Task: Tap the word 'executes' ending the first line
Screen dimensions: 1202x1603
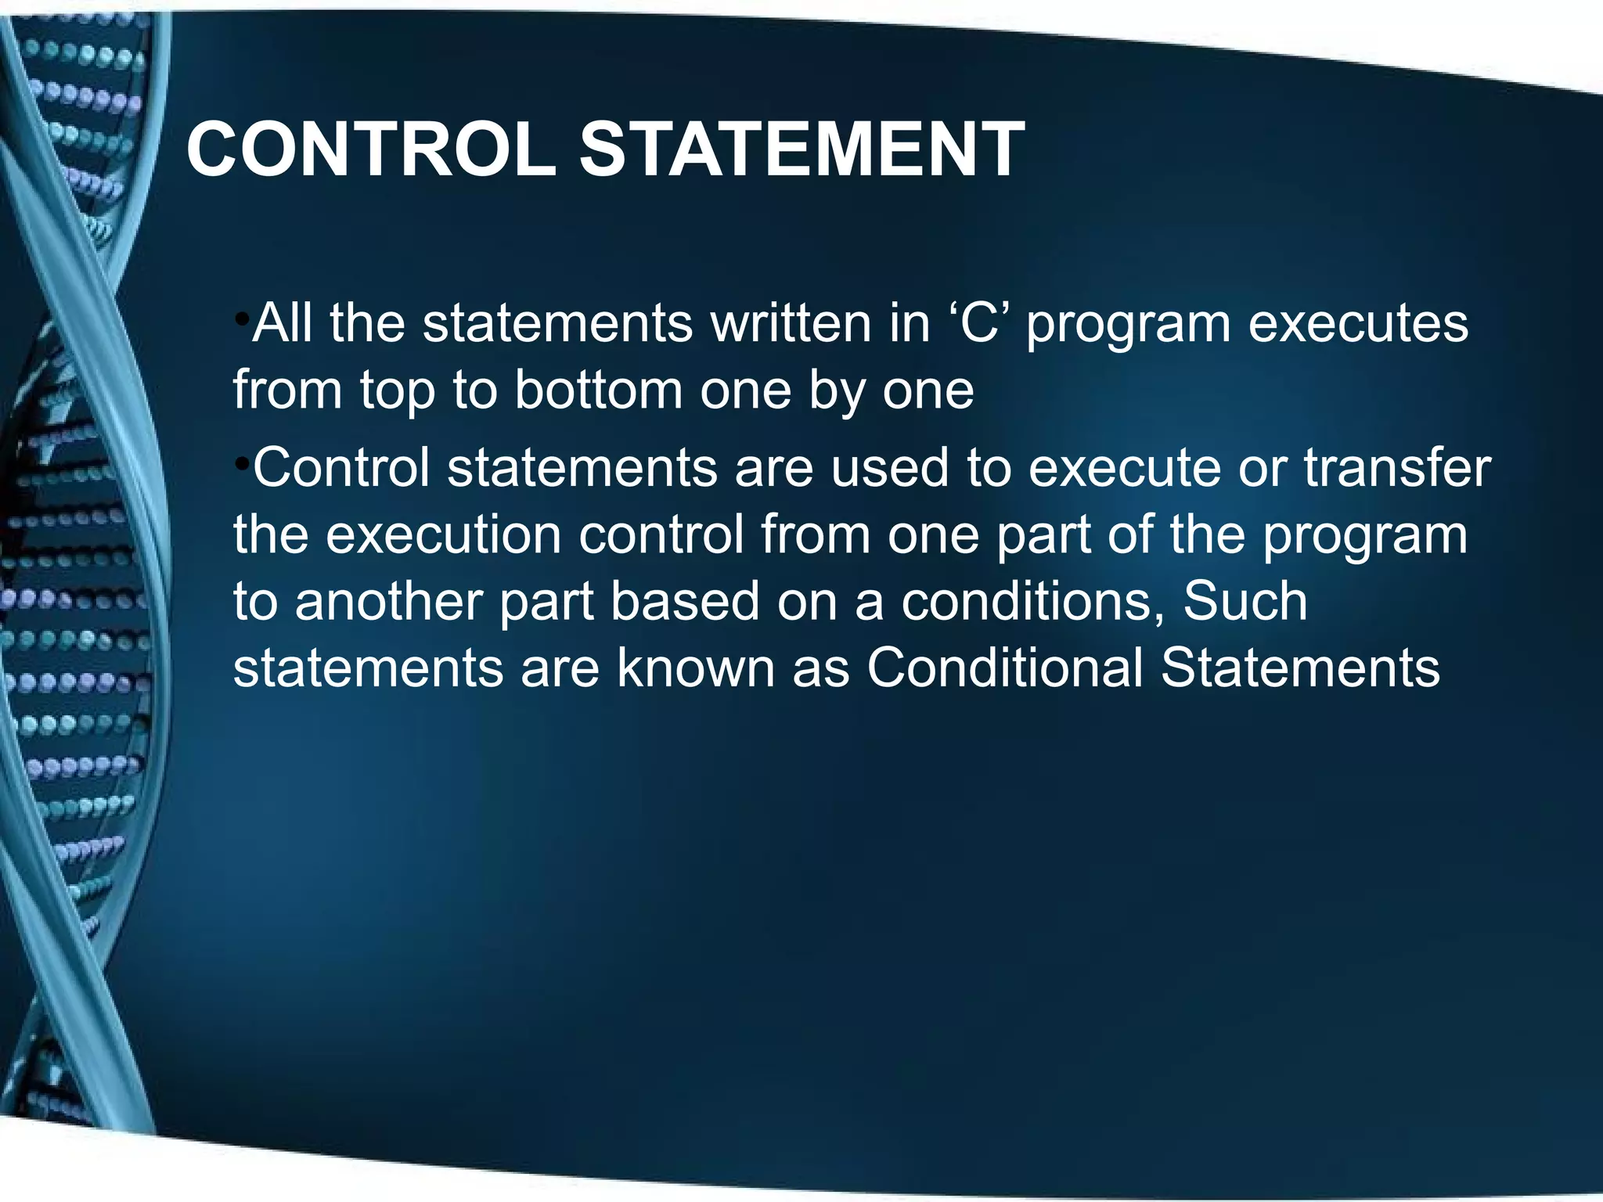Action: click(1358, 324)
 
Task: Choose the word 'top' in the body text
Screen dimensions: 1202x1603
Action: click(397, 391)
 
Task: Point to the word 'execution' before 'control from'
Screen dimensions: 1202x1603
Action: click(444, 534)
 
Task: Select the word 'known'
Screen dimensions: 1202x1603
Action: click(695, 668)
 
